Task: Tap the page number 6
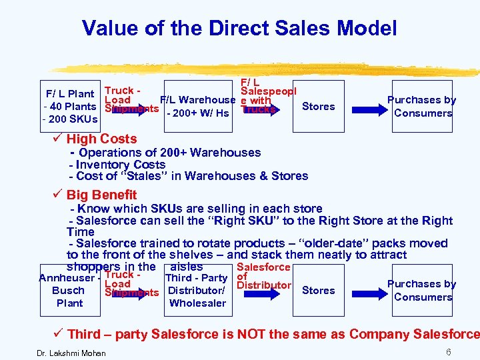point(449,351)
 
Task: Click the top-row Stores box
point(318,106)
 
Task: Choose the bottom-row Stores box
point(318,290)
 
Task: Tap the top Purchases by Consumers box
point(423,106)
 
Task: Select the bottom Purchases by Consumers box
point(423,290)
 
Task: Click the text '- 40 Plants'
point(69,107)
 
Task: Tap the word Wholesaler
point(197,303)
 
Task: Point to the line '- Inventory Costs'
point(117,164)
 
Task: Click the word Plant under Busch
point(69,303)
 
